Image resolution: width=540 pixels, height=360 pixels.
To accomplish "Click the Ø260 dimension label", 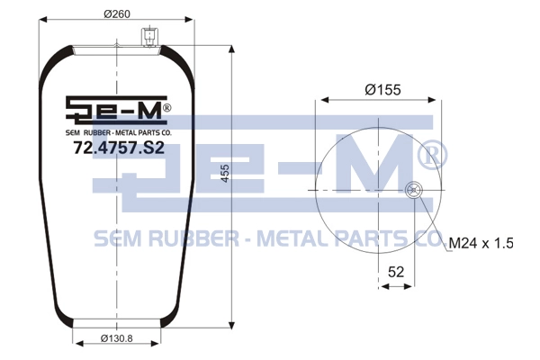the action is coord(117,14).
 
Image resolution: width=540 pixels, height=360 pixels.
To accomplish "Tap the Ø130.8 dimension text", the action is coord(117,338).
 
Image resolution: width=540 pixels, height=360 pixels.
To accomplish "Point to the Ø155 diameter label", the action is coord(383,90).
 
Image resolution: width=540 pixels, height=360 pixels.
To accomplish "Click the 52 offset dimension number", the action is coord(396,272).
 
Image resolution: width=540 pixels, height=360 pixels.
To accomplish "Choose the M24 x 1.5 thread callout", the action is coord(481,243).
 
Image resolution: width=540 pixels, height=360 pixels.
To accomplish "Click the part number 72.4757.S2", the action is coord(119,148).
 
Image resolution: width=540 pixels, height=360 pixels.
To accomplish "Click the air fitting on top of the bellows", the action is coord(148,37).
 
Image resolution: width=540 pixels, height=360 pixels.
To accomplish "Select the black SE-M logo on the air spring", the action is coord(116,109).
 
